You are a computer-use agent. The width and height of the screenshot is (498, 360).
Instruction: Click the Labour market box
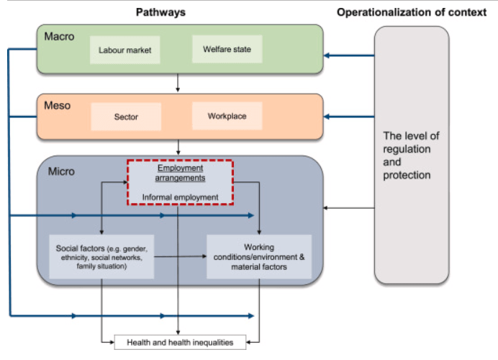tap(125, 50)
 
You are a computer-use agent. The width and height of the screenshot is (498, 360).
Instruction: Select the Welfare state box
tap(227, 49)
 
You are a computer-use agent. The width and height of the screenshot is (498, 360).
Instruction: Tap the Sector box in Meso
tap(126, 116)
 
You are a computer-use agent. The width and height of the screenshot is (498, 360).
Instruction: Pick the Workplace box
tap(227, 116)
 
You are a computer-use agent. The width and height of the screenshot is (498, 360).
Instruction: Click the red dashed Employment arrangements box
tap(180, 182)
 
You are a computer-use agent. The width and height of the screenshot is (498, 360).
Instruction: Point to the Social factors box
tap(101, 256)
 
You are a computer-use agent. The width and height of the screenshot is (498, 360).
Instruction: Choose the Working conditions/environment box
tap(259, 256)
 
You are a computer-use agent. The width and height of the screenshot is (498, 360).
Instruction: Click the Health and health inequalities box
tap(180, 341)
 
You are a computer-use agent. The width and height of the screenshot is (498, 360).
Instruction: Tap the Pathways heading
tap(160, 12)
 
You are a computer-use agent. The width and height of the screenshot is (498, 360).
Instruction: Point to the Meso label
tap(58, 105)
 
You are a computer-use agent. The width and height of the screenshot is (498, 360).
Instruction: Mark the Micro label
tap(61, 172)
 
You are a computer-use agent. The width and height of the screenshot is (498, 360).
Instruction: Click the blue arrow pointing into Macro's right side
tap(350, 55)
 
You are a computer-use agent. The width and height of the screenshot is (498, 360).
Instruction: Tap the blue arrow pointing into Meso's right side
tap(350, 115)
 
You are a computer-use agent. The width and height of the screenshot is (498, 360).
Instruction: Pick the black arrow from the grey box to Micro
tap(350, 209)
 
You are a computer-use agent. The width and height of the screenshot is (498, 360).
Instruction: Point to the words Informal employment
tap(180, 196)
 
